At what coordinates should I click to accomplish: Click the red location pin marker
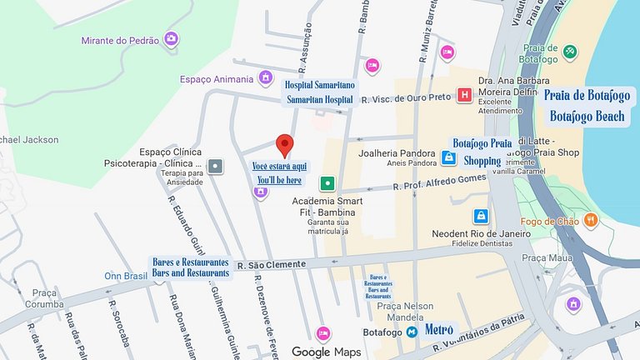(x=285, y=144)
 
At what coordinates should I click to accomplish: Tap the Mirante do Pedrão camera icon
(x=171, y=38)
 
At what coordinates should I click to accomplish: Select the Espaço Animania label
(x=216, y=79)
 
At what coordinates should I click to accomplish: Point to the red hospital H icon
(x=464, y=96)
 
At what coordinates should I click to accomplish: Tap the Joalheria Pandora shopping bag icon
(x=448, y=157)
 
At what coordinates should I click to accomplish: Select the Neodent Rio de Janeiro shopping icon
(x=481, y=216)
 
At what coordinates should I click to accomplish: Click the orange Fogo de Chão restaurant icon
(x=591, y=221)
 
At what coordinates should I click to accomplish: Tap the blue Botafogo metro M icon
(x=412, y=332)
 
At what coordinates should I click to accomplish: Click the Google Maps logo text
(x=327, y=352)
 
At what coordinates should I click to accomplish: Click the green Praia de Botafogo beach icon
(x=570, y=52)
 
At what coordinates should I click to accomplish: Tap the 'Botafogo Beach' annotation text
(x=587, y=117)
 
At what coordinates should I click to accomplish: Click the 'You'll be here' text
(x=279, y=180)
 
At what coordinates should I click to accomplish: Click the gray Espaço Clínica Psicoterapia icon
(x=216, y=166)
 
